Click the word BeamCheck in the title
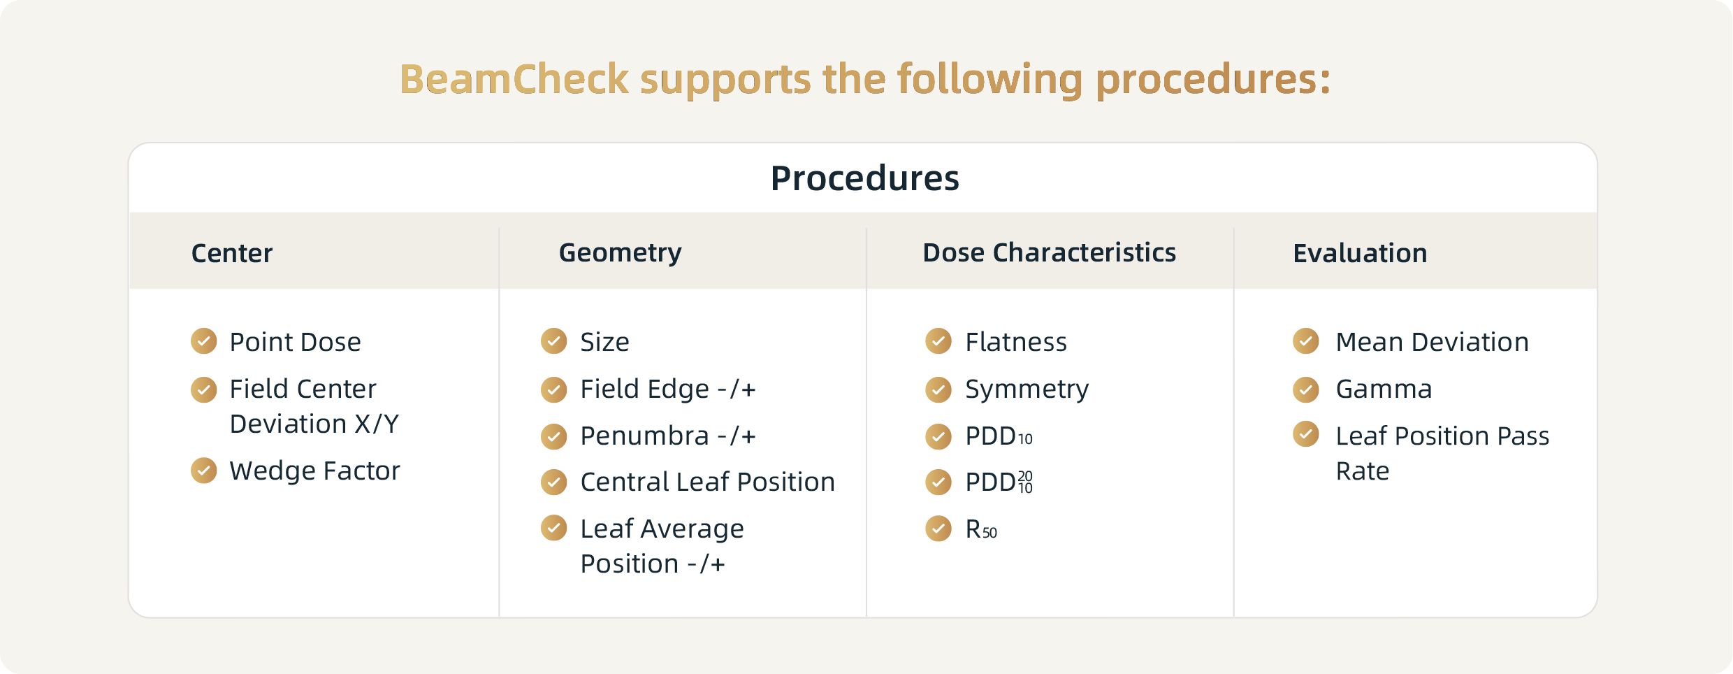coord(514,78)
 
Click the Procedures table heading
coord(865,178)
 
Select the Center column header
coord(232,253)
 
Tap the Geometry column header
coord(621,253)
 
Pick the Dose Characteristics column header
coord(1050,252)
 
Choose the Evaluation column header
coord(1360,253)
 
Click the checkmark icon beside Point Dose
coord(204,341)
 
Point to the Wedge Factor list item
coord(315,471)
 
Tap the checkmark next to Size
coord(554,341)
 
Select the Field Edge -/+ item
coord(668,389)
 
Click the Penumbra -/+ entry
coord(668,436)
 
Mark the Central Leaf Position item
coord(708,482)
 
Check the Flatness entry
coord(1016,342)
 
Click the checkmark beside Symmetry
coord(938,389)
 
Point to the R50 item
coord(981,529)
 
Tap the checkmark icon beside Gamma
coord(1306,389)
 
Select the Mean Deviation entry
coord(1433,342)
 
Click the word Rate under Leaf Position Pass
coord(1363,471)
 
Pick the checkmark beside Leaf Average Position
coord(554,528)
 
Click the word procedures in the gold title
coord(1213,80)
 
